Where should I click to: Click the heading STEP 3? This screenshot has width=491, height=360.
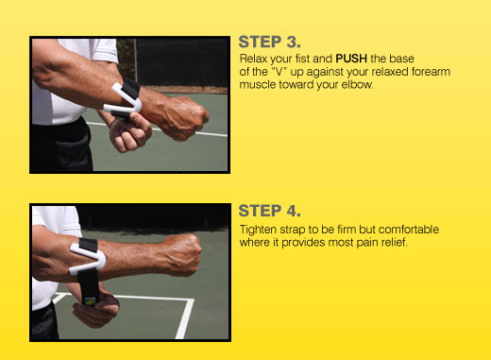pos(269,42)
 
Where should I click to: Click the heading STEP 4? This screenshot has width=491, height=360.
pos(269,211)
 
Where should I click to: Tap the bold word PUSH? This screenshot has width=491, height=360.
pos(351,59)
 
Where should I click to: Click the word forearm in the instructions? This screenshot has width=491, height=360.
pos(431,72)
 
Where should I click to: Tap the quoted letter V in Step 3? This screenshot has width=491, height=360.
pos(279,72)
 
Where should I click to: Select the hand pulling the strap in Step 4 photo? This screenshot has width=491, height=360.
pos(96,307)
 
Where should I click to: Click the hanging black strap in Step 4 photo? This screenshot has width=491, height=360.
pos(89,286)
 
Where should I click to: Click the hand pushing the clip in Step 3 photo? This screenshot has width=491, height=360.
pos(129,132)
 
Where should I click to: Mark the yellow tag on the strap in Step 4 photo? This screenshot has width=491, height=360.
pos(90,301)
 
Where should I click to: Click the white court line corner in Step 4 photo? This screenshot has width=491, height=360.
pos(190,300)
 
